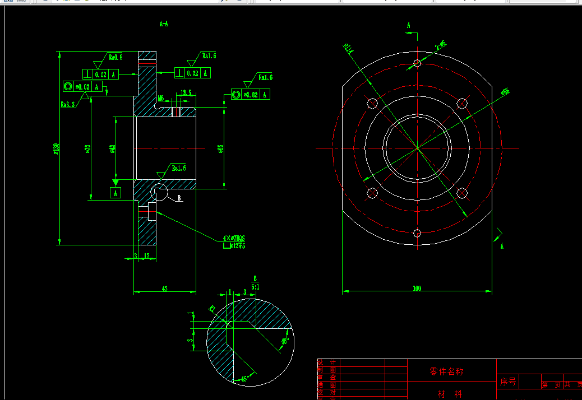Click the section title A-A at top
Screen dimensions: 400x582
tap(164, 24)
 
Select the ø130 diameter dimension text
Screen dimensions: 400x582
tap(56, 148)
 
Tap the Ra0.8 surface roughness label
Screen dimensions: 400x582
tap(116, 57)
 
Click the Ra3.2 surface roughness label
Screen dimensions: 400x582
tap(68, 104)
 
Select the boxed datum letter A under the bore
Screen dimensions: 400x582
tap(116, 193)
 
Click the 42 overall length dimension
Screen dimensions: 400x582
tap(165, 289)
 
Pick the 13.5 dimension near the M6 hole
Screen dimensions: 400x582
tap(187, 93)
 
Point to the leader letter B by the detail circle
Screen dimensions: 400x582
tap(179, 198)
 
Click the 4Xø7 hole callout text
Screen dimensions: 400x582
tap(234, 238)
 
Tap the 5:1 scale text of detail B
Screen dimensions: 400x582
tap(255, 286)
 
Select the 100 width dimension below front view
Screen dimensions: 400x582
tap(417, 289)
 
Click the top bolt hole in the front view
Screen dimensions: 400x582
tap(417, 63)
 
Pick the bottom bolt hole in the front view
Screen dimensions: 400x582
tap(417, 233)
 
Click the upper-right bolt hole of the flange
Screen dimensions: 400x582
tap(462, 103)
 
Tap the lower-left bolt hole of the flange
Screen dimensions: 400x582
tap(372, 193)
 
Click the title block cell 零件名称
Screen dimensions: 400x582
tap(446, 371)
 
